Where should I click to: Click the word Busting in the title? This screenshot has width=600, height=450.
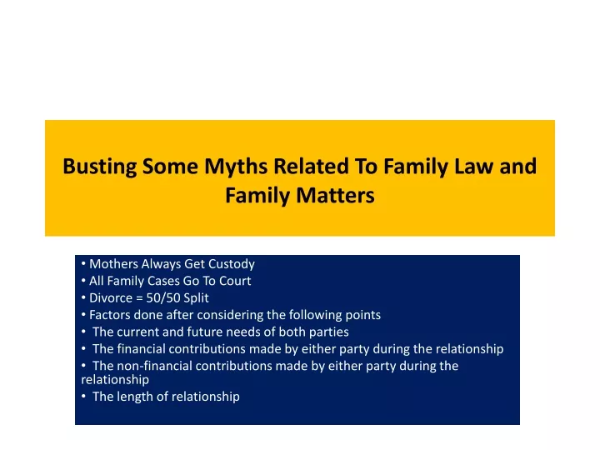coord(100,167)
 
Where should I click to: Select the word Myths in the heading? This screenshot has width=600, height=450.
coord(236,167)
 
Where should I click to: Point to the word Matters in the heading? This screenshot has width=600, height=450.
coord(335,195)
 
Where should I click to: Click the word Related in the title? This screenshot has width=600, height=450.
coord(311,166)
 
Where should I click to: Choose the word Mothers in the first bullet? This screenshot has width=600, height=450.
coord(113,264)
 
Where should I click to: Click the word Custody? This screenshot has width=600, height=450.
coord(232,264)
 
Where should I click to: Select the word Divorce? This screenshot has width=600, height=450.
coord(110,297)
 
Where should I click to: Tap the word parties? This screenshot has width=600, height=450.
coord(329,332)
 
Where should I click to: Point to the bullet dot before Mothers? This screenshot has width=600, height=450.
coord(83,264)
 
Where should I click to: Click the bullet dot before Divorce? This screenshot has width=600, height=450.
coord(83,297)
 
